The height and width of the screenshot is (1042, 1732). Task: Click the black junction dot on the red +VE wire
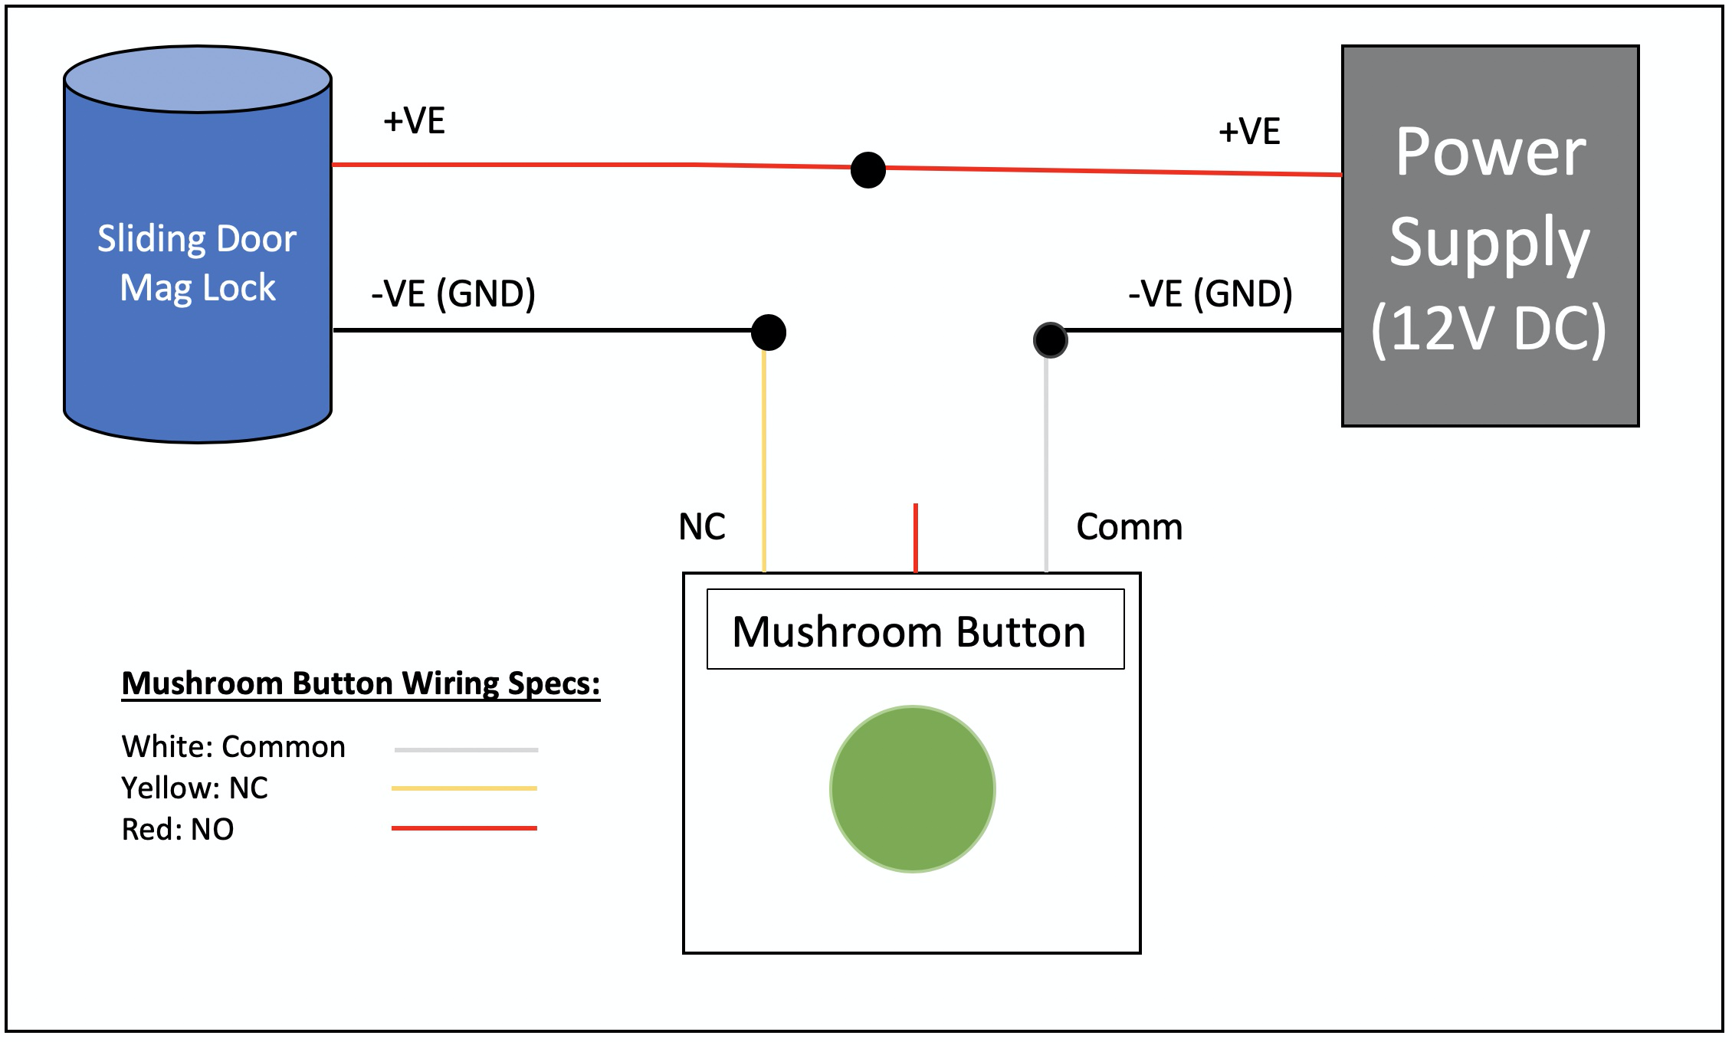(x=868, y=169)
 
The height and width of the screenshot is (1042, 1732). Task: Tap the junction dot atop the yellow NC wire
(x=768, y=332)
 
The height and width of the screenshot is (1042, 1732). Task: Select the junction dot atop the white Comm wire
(x=1050, y=339)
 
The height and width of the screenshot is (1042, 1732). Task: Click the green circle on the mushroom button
(x=912, y=788)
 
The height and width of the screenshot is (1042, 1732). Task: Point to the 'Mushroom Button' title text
(x=909, y=632)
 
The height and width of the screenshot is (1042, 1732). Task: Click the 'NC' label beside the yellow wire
(x=701, y=527)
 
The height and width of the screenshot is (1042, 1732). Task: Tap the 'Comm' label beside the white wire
(x=1129, y=527)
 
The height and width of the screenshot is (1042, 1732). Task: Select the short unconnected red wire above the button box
(x=915, y=537)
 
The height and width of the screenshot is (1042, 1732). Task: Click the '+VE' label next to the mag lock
(x=414, y=121)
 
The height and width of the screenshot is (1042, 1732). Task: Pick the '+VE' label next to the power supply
(x=1249, y=131)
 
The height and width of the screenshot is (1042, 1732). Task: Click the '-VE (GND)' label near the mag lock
(x=453, y=293)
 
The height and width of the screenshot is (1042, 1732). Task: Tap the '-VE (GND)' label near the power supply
(x=1210, y=293)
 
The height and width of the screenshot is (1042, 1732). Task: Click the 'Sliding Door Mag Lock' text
(x=197, y=263)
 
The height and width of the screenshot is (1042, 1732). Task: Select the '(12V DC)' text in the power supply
(x=1488, y=329)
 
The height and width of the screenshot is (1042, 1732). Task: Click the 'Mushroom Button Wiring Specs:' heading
(x=360, y=683)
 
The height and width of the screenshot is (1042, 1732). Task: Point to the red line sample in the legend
(x=464, y=828)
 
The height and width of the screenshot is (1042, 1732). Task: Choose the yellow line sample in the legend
(x=464, y=788)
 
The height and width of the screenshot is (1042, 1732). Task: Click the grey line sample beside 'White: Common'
(x=466, y=749)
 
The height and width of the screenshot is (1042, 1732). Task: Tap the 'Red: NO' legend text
(x=177, y=829)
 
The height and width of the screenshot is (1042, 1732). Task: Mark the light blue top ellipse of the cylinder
(x=197, y=79)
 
